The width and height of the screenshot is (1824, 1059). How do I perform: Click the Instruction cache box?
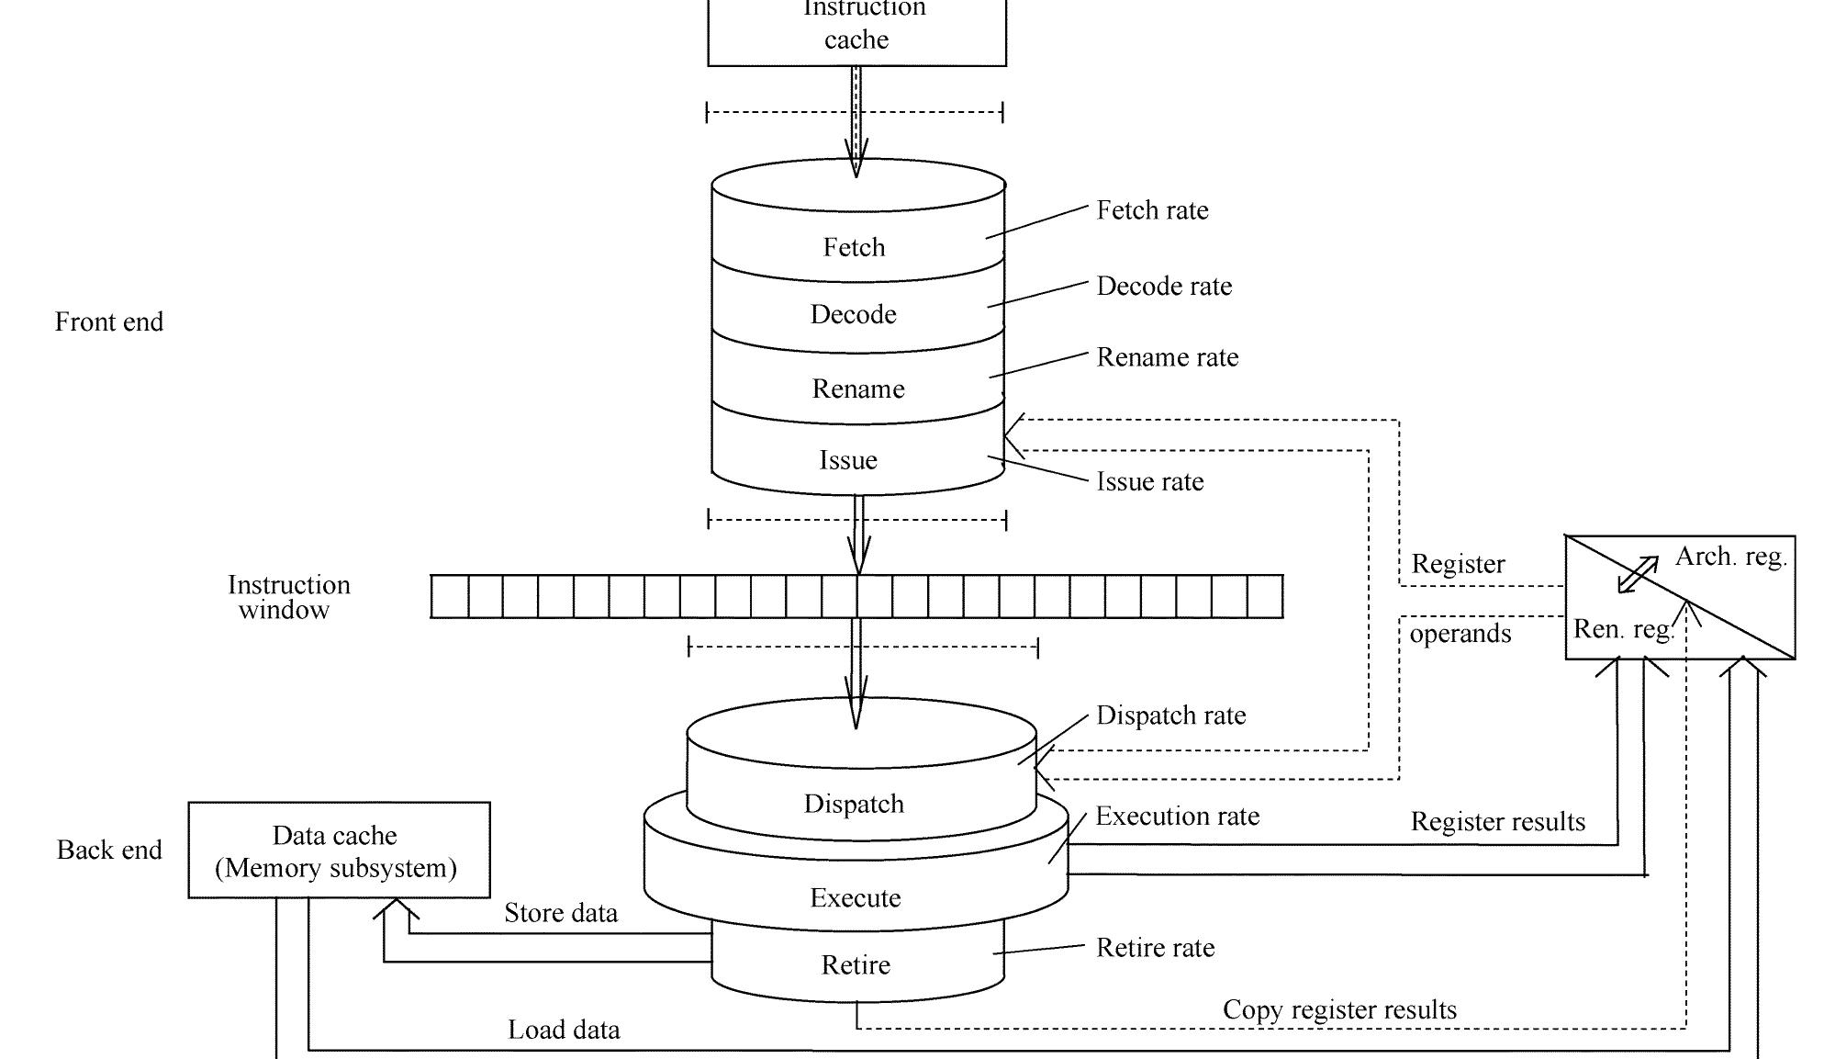pos(856,32)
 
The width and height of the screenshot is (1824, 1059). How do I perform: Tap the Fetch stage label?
pos(854,247)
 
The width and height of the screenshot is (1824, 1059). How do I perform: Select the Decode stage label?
pos(853,314)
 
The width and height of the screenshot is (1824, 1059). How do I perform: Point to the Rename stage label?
pos(857,389)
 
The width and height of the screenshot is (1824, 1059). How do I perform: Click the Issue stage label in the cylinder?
pos(848,460)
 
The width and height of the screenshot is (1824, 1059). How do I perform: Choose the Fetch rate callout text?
pos(1152,210)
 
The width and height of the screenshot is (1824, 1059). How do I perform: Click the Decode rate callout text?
pos(1164,287)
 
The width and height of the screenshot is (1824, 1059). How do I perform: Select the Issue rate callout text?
pos(1150,481)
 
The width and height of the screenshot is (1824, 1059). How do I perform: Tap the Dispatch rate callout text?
pos(1171,715)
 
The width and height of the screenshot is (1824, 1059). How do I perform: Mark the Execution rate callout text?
pos(1177,817)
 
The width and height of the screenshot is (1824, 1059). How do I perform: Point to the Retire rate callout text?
pos(1155,948)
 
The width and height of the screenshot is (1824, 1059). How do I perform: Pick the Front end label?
pos(109,322)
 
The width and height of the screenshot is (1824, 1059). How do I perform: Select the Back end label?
pos(109,851)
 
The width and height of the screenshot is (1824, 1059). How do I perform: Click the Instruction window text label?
pos(288,597)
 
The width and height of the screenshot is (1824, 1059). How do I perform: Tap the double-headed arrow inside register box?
pos(1638,575)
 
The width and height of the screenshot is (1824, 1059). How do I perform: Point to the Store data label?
pos(561,913)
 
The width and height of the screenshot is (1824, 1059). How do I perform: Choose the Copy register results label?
pos(1339,1010)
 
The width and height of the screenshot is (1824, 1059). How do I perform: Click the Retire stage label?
pos(856,965)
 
